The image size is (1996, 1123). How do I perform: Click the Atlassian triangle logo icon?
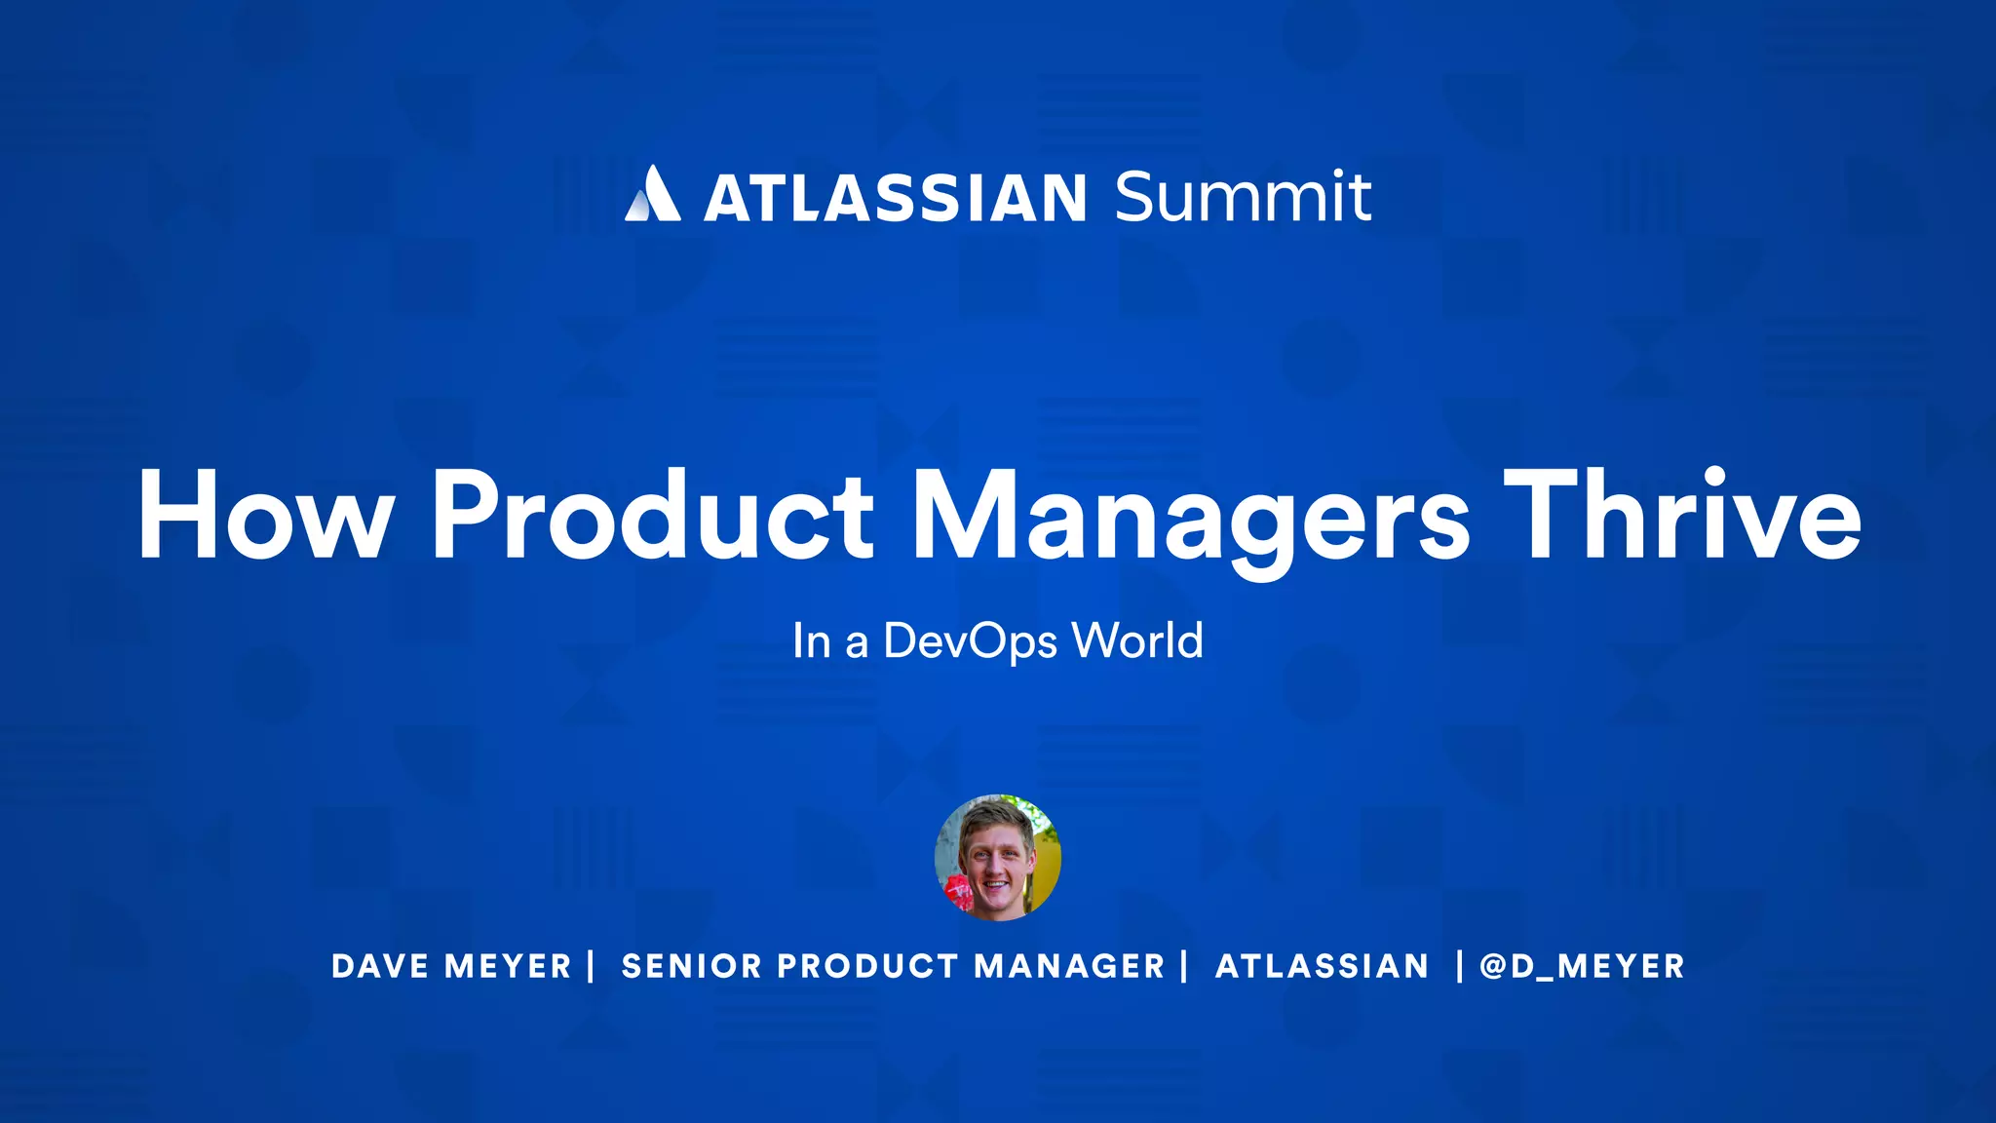[652, 194]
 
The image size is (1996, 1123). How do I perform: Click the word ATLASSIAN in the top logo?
[895, 198]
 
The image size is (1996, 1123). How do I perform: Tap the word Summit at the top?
[1243, 197]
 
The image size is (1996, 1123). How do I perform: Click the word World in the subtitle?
[1137, 641]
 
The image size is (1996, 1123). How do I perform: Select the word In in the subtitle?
[811, 642]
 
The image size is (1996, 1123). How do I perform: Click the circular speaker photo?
[997, 858]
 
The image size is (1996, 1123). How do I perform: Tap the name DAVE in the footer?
[380, 966]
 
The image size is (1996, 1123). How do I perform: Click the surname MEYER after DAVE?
[508, 966]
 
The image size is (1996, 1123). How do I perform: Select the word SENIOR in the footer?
[691, 966]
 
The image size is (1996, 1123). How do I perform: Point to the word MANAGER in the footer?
[1069, 966]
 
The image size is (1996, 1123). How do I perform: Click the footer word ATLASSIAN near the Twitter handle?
[1322, 966]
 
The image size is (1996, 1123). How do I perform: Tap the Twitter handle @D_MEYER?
[1582, 966]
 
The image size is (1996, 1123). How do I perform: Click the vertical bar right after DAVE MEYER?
[592, 965]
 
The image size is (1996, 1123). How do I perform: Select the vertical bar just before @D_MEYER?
[1459, 965]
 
